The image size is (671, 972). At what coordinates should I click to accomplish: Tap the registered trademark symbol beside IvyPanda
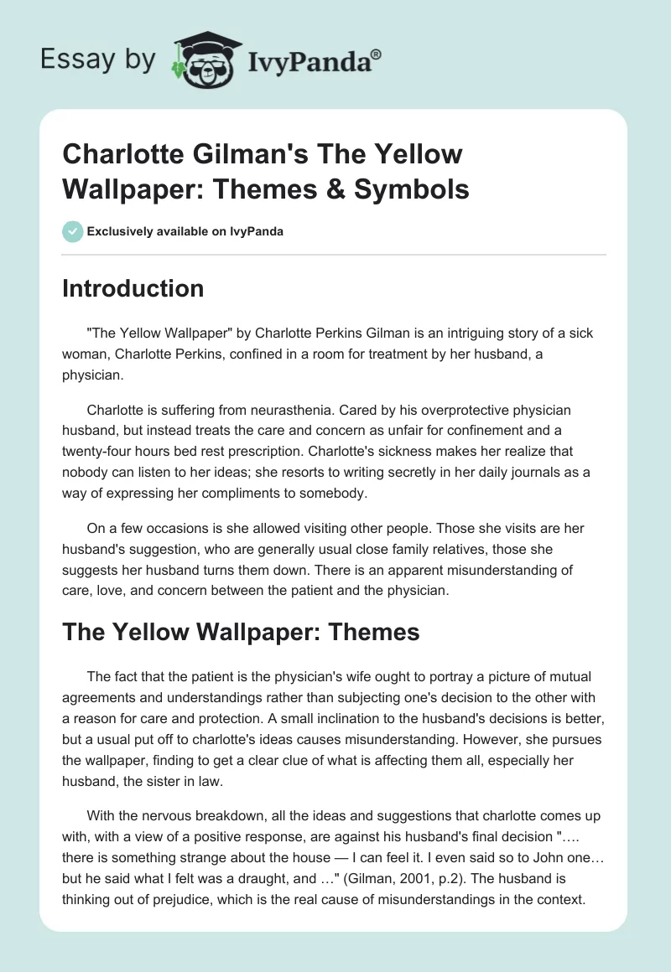[377, 54]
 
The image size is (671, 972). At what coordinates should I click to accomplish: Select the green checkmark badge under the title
[73, 231]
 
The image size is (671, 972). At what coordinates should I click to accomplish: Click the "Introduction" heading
[133, 288]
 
